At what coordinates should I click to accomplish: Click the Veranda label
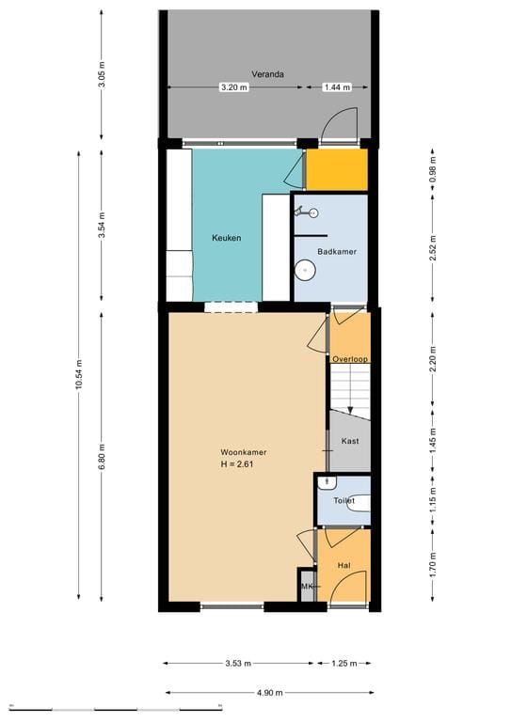pos(267,73)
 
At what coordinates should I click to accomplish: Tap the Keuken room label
pos(226,238)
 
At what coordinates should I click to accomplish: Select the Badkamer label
pos(336,252)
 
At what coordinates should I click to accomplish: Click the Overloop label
pos(350,359)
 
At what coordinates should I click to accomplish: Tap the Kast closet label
pos(350,441)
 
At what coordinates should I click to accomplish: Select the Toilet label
pos(343,501)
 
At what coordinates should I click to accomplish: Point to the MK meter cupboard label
pos(307,587)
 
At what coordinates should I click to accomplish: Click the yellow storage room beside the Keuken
pos(336,170)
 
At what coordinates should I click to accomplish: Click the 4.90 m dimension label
pos(268,692)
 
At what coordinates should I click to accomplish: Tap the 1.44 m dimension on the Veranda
pos(336,87)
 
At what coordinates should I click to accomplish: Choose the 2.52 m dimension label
pos(433,250)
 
